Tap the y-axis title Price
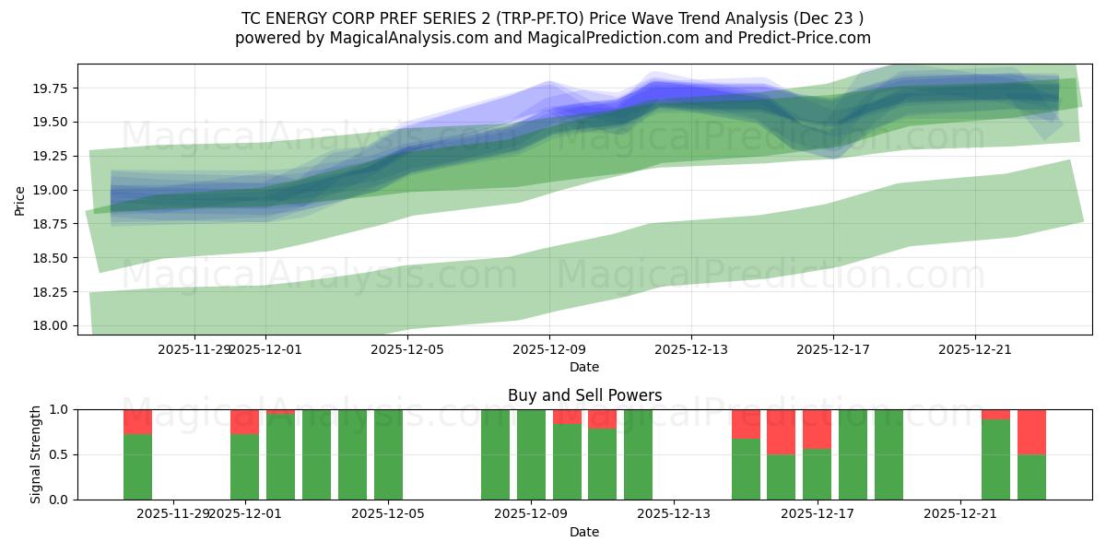pos(20,199)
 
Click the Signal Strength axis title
pos(36,454)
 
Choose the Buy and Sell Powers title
pos(584,395)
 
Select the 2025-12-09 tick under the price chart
pos(549,349)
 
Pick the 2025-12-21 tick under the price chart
pos(975,349)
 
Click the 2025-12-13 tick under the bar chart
pos(675,512)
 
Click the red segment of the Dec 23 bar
pos(1031,431)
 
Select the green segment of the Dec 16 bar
pos(781,477)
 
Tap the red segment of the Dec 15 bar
pos(746,424)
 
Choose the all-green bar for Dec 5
pos(388,454)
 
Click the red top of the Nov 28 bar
pos(137,421)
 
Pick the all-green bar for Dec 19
pos(888,454)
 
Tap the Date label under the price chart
pos(584,367)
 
